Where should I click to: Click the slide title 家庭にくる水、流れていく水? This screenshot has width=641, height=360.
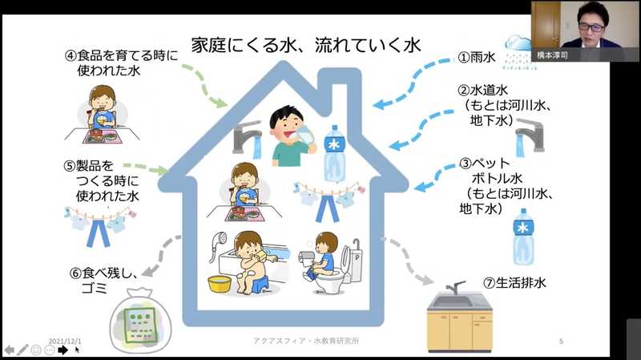click(x=306, y=45)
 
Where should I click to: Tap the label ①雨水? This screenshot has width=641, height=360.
click(x=477, y=57)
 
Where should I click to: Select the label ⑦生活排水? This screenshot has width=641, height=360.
click(x=514, y=283)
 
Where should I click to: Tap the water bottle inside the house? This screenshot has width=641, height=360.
click(x=334, y=153)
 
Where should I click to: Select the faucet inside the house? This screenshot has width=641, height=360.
click(x=247, y=138)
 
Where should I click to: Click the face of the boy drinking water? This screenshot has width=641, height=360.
click(x=287, y=125)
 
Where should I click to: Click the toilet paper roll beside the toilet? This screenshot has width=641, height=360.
click(x=307, y=257)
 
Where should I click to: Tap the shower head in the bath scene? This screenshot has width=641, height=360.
click(x=220, y=238)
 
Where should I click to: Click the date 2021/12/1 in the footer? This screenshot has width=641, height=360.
click(x=65, y=342)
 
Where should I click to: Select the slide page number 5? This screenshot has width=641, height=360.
click(x=562, y=342)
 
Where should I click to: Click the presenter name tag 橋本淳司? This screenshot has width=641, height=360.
click(x=552, y=55)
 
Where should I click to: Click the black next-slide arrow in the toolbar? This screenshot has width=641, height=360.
click(x=62, y=350)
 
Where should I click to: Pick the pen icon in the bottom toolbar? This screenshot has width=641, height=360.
click(x=22, y=350)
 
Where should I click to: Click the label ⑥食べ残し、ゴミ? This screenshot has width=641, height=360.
click(x=104, y=281)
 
